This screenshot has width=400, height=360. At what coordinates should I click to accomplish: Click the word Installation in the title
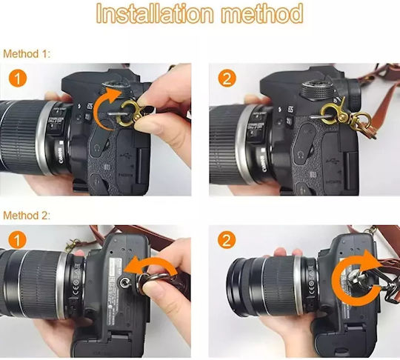(x=155, y=13)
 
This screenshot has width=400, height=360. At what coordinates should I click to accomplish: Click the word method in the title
(x=262, y=13)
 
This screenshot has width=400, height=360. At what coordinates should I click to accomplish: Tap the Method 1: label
(x=27, y=54)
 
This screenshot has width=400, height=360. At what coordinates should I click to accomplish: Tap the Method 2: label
(x=27, y=216)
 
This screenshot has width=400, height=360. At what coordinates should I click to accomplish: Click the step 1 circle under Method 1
(x=18, y=79)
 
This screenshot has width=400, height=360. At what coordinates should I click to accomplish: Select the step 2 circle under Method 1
(x=227, y=79)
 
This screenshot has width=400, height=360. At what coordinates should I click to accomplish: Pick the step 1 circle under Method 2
(x=17, y=240)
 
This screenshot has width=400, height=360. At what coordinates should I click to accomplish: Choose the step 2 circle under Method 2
(x=227, y=240)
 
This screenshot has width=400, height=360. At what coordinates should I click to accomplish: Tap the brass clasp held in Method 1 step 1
(x=130, y=113)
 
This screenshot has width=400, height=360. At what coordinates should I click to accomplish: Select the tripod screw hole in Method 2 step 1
(x=125, y=281)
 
